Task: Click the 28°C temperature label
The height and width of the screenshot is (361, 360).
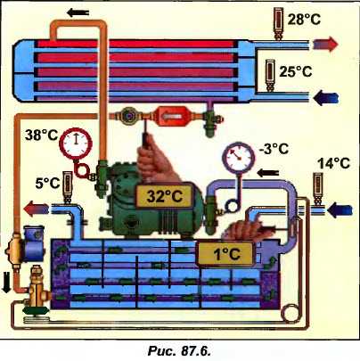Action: pyautogui.click(x=304, y=20)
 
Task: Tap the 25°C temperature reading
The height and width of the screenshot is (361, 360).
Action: pyautogui.click(x=296, y=71)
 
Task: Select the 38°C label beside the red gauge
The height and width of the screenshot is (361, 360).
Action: pyautogui.click(x=41, y=135)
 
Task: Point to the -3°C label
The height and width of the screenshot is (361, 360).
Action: pyautogui.click(x=274, y=148)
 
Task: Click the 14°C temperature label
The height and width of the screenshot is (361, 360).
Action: pyautogui.click(x=334, y=163)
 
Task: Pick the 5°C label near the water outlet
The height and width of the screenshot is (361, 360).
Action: pyautogui.click(x=47, y=183)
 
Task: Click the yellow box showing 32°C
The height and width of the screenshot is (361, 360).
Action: pyautogui.click(x=164, y=196)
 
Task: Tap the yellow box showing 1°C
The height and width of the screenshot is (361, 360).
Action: pyautogui.click(x=226, y=254)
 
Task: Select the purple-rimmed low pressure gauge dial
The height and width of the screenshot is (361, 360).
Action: pyautogui.click(x=239, y=158)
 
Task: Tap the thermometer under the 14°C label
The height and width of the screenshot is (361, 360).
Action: pyautogui.click(x=319, y=190)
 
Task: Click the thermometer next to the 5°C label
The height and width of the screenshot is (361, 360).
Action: pyautogui.click(x=68, y=188)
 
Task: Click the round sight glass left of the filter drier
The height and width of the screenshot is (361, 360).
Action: pyautogui.click(x=128, y=115)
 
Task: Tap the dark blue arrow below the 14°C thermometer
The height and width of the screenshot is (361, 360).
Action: pyautogui.click(x=340, y=210)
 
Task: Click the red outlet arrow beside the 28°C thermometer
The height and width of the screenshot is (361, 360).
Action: pyautogui.click(x=326, y=45)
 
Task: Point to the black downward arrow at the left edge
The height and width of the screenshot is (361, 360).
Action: pyautogui.click(x=6, y=283)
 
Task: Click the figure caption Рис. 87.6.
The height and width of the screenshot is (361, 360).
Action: pyautogui.click(x=179, y=351)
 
